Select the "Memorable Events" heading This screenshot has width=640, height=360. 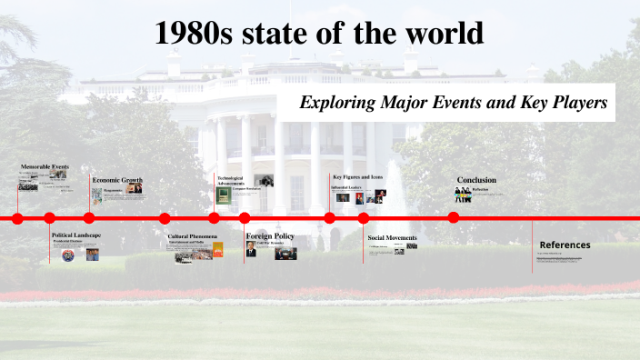[x=45, y=167]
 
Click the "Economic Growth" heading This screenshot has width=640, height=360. [x=117, y=180]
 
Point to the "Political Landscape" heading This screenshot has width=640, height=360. [x=76, y=235]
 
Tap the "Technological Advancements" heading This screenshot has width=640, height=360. [x=231, y=180]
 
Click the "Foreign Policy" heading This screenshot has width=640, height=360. [x=270, y=236]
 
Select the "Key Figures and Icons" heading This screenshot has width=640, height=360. [x=357, y=176]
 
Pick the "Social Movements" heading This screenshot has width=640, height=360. [x=392, y=238]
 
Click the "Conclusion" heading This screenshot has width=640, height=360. [x=476, y=180]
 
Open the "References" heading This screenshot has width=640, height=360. [x=565, y=245]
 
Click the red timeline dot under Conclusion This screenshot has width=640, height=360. [x=454, y=217]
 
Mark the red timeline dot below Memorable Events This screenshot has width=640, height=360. [x=17, y=217]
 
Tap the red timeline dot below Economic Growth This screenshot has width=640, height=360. [x=89, y=217]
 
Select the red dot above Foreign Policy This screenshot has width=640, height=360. [x=245, y=217]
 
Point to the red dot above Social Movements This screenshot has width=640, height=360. [x=364, y=217]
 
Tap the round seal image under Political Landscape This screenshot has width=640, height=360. [x=68, y=255]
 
